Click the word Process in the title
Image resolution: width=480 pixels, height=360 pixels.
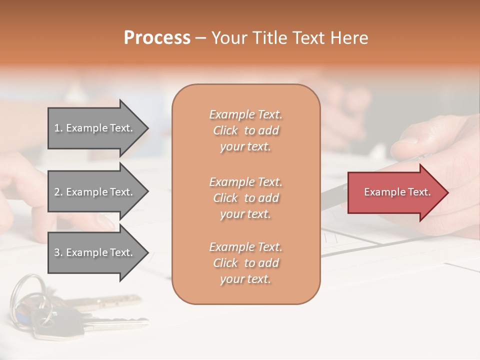[x=157, y=37]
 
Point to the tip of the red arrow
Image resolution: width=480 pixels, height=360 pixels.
[x=447, y=192]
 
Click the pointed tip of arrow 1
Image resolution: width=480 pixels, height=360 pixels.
[x=147, y=128]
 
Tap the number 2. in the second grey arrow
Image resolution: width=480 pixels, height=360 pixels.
[x=58, y=192]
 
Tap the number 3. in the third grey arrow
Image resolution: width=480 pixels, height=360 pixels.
[x=58, y=252]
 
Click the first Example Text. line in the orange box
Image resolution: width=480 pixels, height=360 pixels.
[x=245, y=114]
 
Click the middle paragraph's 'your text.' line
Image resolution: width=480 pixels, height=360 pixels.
[x=245, y=214]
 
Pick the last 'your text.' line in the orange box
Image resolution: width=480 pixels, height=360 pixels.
[x=245, y=279]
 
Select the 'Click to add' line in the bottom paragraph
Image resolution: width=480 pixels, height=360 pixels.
[x=245, y=263]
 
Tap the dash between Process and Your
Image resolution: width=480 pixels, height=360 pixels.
[x=201, y=38]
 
